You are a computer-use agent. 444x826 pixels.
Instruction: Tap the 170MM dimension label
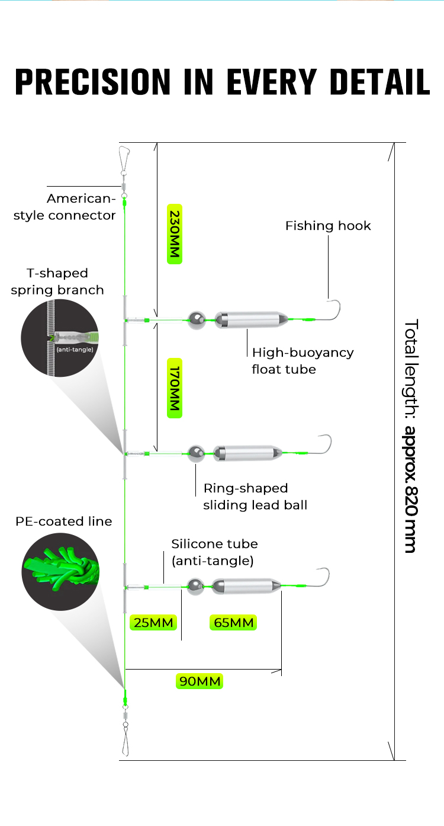(x=174, y=388)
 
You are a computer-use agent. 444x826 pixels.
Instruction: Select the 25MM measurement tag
(x=154, y=622)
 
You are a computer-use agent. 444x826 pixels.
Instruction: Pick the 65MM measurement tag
(x=233, y=622)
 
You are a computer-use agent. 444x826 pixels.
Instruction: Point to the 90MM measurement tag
(x=200, y=681)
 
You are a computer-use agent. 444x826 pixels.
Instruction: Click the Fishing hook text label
(x=328, y=226)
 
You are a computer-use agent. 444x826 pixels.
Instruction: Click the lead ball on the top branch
(x=196, y=320)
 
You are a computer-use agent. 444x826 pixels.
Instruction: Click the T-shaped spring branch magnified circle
(x=61, y=338)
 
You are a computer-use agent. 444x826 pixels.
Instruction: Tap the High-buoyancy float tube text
(x=303, y=361)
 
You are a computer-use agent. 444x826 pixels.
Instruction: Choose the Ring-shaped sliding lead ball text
(x=255, y=497)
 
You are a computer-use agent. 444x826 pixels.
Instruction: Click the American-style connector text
(x=65, y=207)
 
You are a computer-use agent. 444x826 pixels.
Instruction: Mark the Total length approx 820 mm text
(x=411, y=436)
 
